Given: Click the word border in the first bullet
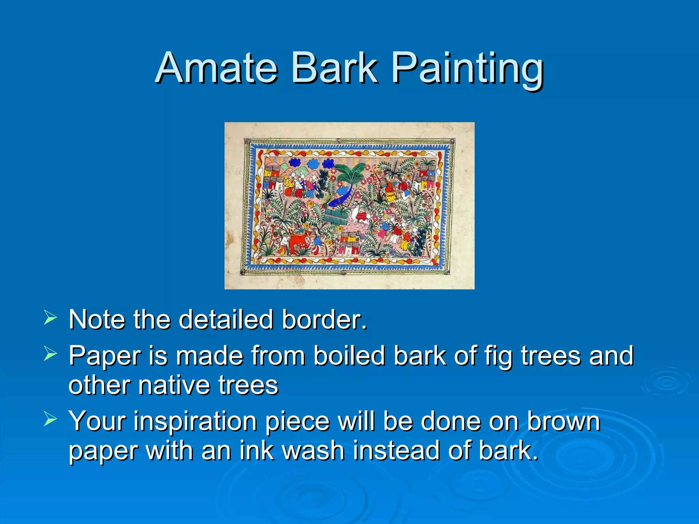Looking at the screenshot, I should click(x=324, y=320).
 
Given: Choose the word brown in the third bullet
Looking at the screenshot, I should click(x=563, y=421).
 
